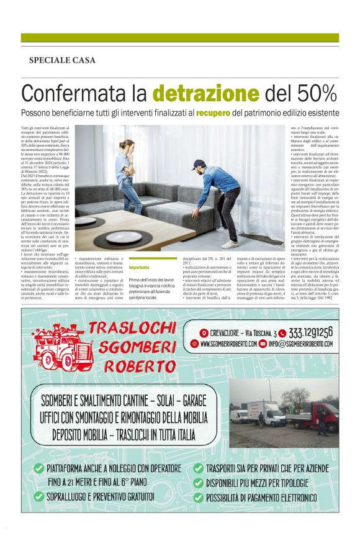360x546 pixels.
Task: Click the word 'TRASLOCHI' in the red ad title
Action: (133, 329)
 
